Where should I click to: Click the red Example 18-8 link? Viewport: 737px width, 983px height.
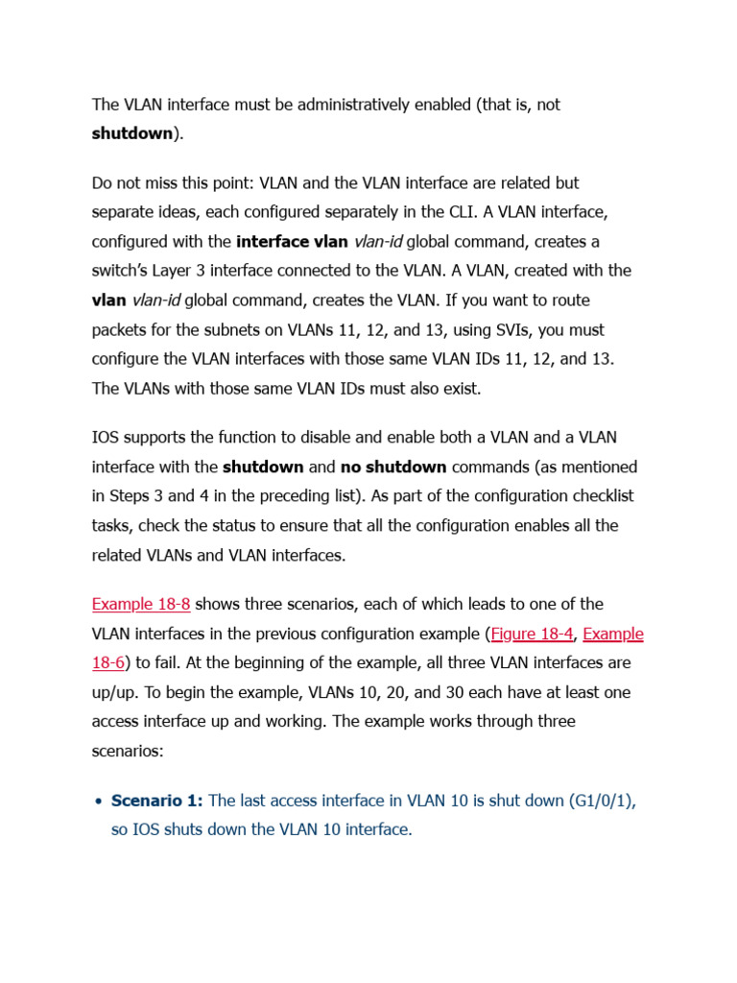[x=141, y=604]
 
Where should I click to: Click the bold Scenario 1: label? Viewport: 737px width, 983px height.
[x=157, y=800]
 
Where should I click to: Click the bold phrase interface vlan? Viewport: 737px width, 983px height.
[x=293, y=241]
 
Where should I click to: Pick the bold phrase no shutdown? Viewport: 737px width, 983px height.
[x=393, y=467]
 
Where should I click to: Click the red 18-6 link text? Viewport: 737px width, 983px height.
[x=110, y=662]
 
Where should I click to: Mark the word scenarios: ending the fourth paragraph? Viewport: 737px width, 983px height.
[x=128, y=751]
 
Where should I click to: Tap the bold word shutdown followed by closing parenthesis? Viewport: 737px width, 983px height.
[x=131, y=133]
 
